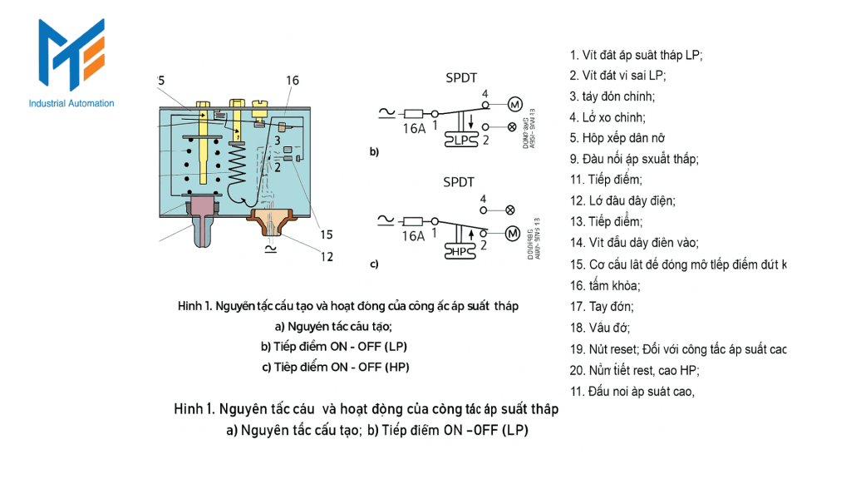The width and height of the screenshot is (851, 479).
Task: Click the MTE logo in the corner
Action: (x=71, y=56)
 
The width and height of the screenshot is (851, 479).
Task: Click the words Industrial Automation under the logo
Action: (x=71, y=103)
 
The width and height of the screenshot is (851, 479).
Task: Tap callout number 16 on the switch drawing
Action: (x=292, y=81)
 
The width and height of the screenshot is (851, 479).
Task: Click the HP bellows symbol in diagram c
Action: (x=460, y=250)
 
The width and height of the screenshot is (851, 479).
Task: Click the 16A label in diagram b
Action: (x=414, y=129)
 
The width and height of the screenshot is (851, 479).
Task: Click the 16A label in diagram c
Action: (x=413, y=236)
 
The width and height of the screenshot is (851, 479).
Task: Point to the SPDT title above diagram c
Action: (x=460, y=181)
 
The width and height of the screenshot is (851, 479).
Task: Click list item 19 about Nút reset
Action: (x=677, y=349)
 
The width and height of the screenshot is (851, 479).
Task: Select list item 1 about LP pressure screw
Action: (x=637, y=56)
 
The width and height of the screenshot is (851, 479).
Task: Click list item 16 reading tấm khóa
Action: (x=605, y=286)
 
